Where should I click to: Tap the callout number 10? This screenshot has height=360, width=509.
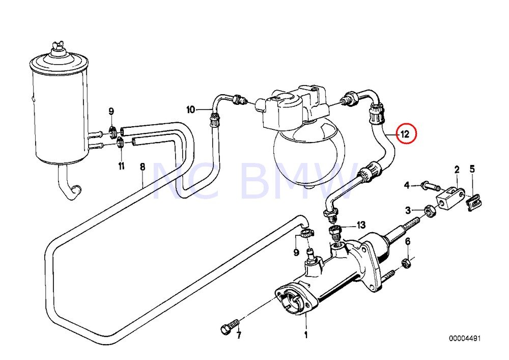pos(190,109)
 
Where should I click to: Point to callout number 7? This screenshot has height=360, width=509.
pos(238,335)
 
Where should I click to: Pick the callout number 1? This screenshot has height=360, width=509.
pos(306,335)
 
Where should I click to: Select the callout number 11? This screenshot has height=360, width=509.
pos(121,166)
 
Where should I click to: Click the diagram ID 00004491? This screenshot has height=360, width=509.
pos(464,338)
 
